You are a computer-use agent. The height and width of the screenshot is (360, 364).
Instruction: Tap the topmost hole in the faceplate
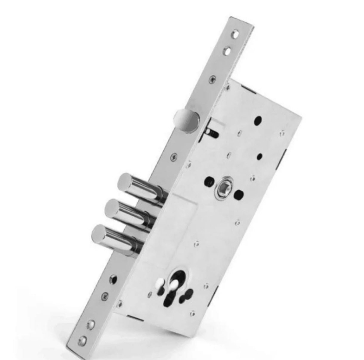point(235,34)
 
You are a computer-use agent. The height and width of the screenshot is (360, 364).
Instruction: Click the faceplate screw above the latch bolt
point(212,80)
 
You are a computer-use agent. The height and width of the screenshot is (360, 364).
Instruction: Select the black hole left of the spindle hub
point(209,182)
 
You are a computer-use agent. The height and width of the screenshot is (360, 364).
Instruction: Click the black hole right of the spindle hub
point(239,196)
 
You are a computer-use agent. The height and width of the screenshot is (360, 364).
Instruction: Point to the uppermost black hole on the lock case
point(258,121)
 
